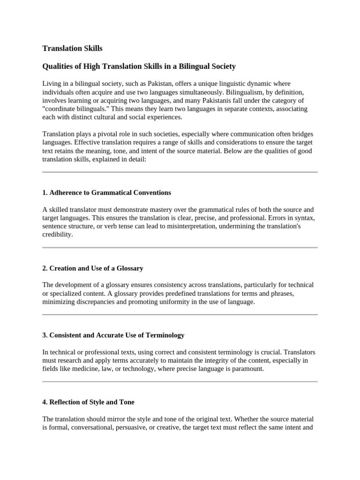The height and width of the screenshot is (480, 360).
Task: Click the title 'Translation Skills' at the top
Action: [72, 48]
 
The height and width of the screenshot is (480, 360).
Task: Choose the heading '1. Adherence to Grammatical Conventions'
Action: [106, 193]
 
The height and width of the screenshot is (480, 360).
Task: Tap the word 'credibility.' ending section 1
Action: [58, 234]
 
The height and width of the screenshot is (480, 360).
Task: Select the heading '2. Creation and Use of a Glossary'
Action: [92, 268]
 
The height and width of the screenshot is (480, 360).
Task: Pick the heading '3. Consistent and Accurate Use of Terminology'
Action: [113, 335]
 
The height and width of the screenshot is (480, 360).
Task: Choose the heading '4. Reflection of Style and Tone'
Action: [88, 402]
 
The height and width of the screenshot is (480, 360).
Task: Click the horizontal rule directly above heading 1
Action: [180, 172]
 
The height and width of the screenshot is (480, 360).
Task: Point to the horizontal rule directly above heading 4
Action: [180, 382]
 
